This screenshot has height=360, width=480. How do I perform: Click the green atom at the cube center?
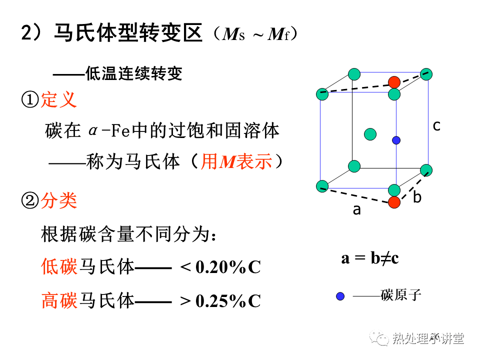coord(370,134)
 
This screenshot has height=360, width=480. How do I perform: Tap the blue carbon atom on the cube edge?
coord(396,140)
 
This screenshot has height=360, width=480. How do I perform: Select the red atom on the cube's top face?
coord(394,82)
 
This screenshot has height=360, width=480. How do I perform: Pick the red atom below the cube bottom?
coord(394,202)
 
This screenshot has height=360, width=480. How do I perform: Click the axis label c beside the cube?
coord(436,126)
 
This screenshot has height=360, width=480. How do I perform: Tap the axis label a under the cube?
coord(356,210)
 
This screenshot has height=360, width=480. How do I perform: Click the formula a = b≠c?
coord(370,258)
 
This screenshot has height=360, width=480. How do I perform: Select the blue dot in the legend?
coord(340,296)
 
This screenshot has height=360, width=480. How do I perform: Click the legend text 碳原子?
coord(400,295)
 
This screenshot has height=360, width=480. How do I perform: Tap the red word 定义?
coord(58,99)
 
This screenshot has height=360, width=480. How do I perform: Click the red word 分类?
coord(59,201)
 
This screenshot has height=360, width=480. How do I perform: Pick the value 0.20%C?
coord(228,267)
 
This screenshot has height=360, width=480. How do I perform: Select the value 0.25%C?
coord(228,301)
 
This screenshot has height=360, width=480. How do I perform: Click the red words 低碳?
coord(59,266)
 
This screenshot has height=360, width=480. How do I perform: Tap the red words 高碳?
coord(59,300)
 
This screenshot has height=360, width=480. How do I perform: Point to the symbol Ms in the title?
coord(233,34)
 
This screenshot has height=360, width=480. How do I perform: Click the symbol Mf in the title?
coord(278,34)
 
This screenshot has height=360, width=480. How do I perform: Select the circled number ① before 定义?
coord(30,100)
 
